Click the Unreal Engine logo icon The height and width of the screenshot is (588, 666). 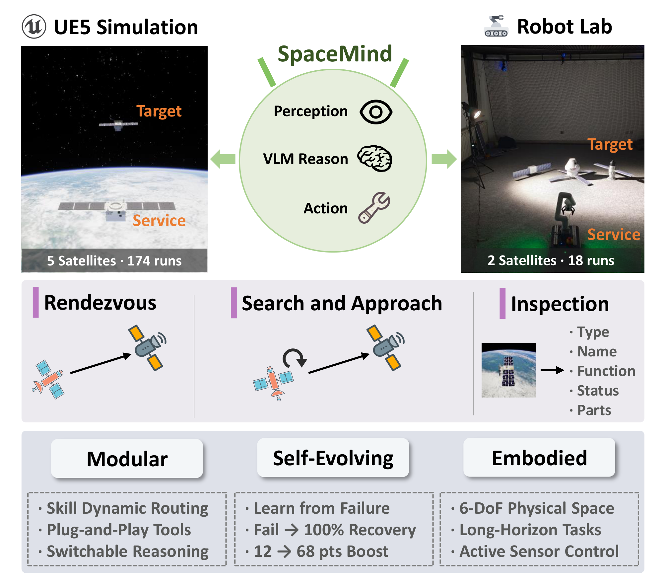[x=34, y=27]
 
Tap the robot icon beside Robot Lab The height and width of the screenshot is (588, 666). [x=496, y=26]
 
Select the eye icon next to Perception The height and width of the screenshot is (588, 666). [x=376, y=112]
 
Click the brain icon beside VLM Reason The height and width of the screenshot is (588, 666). [x=375, y=158]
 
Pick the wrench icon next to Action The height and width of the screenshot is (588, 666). [x=374, y=208]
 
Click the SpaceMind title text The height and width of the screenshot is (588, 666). [x=335, y=54]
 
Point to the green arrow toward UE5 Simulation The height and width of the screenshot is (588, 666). [x=223, y=159]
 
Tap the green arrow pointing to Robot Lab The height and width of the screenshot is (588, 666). [x=444, y=159]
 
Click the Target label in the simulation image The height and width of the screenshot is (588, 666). [x=159, y=111]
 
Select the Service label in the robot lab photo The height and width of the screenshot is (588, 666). [x=614, y=235]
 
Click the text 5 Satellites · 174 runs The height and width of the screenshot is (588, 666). [x=114, y=261]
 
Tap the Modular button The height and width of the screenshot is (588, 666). [x=127, y=459]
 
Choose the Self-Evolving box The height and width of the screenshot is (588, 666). [x=333, y=458]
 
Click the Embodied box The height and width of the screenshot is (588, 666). [x=539, y=458]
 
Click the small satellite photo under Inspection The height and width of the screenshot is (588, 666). [x=508, y=370]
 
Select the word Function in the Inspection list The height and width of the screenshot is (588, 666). [x=606, y=371]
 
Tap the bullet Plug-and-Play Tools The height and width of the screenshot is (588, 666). [x=119, y=530]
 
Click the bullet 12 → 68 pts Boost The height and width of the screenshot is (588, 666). [x=321, y=551]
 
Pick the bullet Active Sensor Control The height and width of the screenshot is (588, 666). [x=539, y=551]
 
